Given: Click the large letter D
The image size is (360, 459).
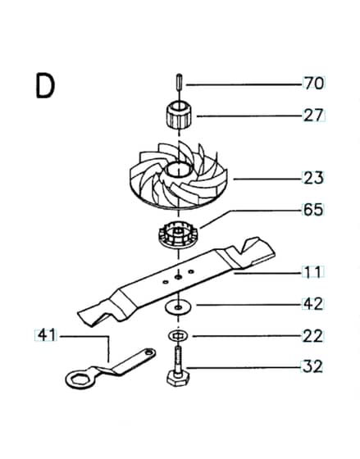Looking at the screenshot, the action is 45,86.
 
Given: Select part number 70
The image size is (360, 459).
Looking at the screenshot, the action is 314,84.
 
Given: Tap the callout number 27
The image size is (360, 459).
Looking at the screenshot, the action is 314,116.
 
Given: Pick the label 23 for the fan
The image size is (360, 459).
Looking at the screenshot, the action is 313,178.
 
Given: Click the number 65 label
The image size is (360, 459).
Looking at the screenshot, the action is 312,210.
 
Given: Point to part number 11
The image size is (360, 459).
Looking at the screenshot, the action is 312,272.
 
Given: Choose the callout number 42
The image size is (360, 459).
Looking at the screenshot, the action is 312,304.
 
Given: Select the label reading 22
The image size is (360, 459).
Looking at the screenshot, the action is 312,336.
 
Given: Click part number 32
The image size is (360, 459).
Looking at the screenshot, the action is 312,367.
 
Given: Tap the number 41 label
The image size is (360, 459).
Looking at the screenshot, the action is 46,335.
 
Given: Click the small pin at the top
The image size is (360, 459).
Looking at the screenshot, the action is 179,84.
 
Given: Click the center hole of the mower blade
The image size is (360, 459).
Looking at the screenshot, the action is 178,276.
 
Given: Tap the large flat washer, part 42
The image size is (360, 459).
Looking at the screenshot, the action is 178,307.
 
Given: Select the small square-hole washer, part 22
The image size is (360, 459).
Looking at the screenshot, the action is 177,335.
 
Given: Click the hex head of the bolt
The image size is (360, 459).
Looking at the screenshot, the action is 178,378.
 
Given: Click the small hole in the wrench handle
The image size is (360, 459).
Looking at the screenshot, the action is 150,352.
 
